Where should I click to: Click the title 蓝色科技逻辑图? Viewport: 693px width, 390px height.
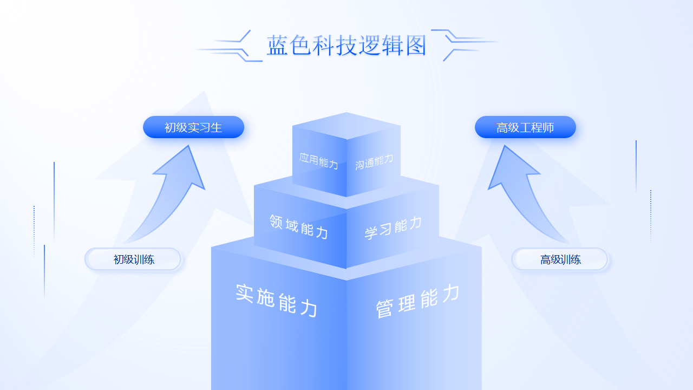pos(346,45)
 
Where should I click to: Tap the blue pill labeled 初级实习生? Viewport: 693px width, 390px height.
pos(193,127)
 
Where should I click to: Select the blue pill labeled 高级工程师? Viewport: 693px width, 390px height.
pos(525,127)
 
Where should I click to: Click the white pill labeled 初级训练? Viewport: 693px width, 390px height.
pos(133,259)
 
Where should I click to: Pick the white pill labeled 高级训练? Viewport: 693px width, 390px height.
pos(560,259)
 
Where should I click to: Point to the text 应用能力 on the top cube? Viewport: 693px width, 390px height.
pos(319,161)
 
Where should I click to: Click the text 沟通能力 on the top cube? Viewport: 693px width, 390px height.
pos(374,161)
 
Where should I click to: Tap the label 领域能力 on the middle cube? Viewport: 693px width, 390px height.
pos(299,226)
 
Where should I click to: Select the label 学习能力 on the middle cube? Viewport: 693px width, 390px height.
pos(393,228)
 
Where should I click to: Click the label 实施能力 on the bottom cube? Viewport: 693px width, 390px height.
pos(276,300)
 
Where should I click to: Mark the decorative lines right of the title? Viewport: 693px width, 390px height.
pos(465,44)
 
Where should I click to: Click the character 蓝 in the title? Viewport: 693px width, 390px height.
pos(278,45)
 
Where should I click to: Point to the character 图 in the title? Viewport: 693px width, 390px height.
pos(415,45)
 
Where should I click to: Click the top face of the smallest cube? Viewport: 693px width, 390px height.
pos(346,125)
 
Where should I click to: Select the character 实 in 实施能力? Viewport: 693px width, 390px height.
pos(245,293)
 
